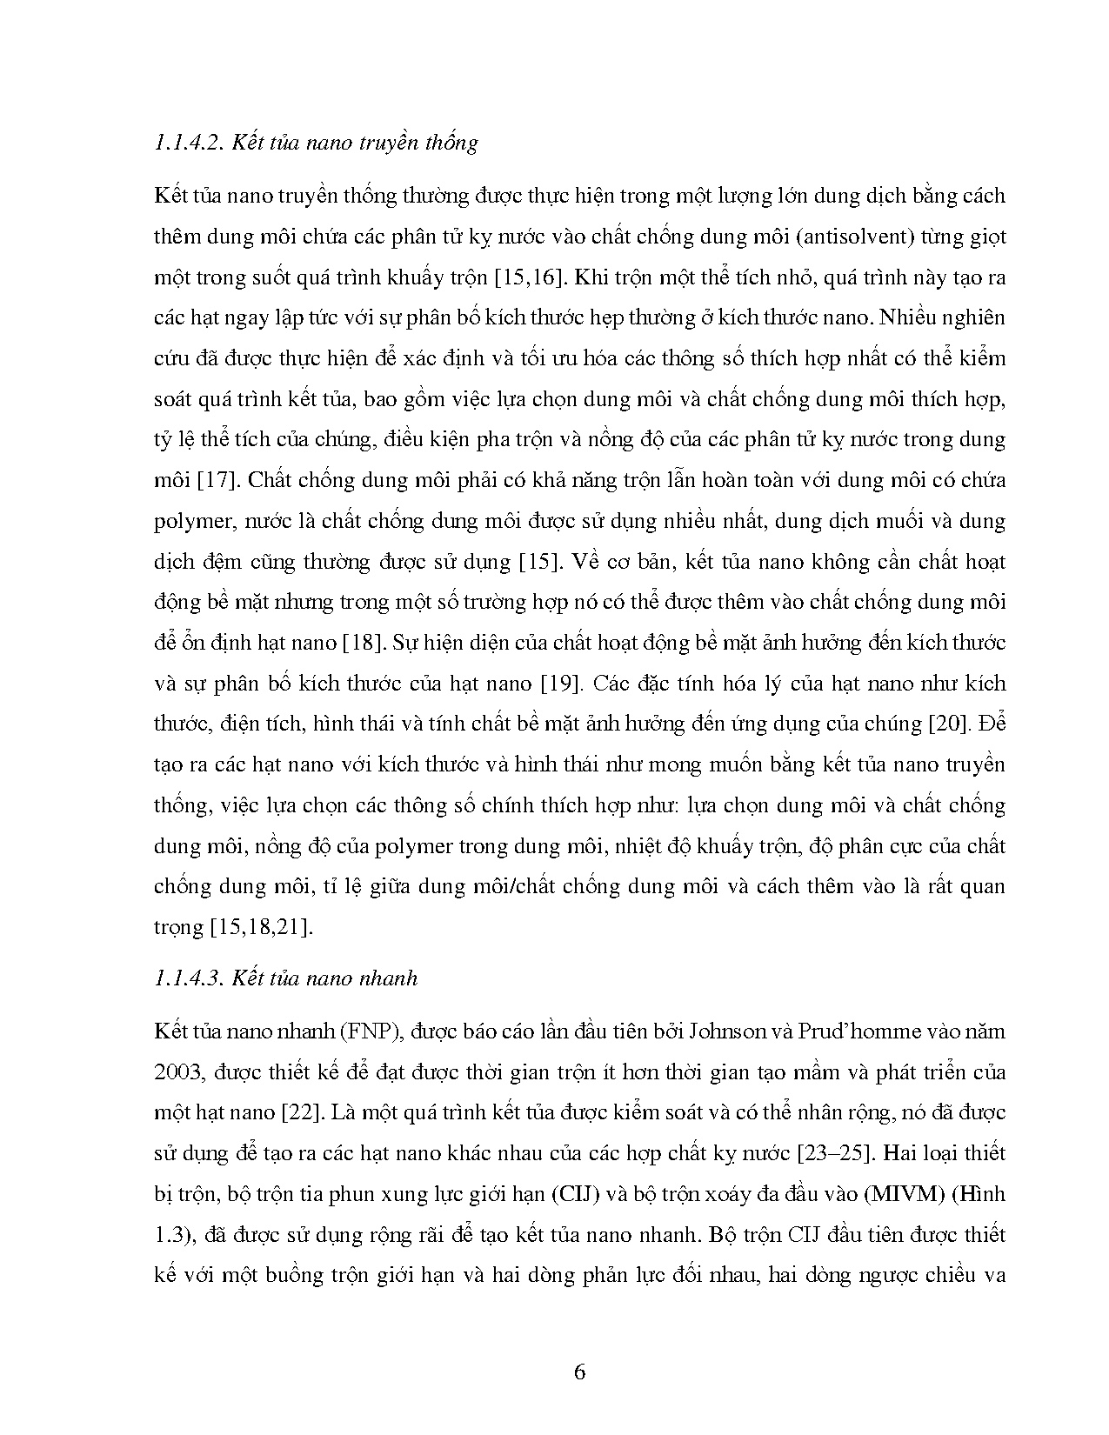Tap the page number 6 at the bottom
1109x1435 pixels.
pos(580,1372)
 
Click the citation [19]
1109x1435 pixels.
pos(558,684)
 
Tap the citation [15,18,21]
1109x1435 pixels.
pos(260,927)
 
